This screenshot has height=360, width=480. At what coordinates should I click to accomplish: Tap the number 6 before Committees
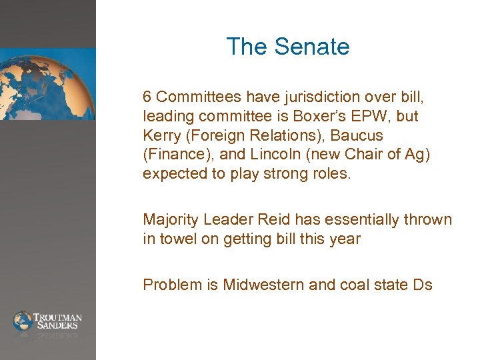click(147, 96)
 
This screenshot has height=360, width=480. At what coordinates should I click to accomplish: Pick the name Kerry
click(161, 135)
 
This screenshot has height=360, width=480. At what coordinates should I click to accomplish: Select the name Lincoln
click(275, 155)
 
